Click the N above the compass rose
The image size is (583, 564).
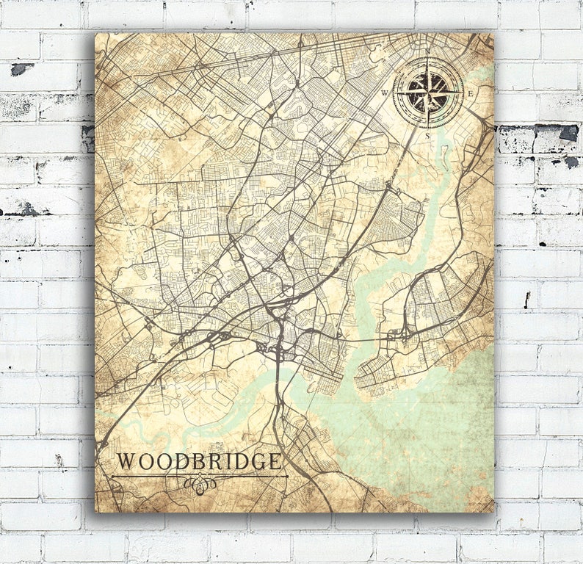(x=428, y=51)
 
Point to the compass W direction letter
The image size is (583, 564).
(x=384, y=93)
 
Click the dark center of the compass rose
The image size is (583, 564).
(x=428, y=93)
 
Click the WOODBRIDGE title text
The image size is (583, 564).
(x=199, y=462)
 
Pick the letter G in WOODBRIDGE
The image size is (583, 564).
(x=258, y=462)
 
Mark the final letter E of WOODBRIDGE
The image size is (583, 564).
(x=275, y=462)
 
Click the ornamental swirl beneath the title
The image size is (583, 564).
(x=199, y=484)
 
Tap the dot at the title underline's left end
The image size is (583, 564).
(x=112, y=477)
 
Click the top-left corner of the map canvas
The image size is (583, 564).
(x=96, y=33)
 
